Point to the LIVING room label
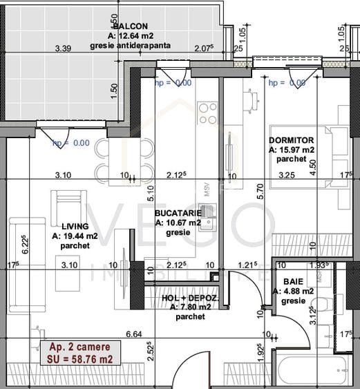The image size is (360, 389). pos(74,226)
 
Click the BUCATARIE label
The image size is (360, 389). pos(178,214)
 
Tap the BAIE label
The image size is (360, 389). pos(292,281)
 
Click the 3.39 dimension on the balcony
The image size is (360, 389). pos(64,48)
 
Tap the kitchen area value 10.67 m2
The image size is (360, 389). pos(178,223)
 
